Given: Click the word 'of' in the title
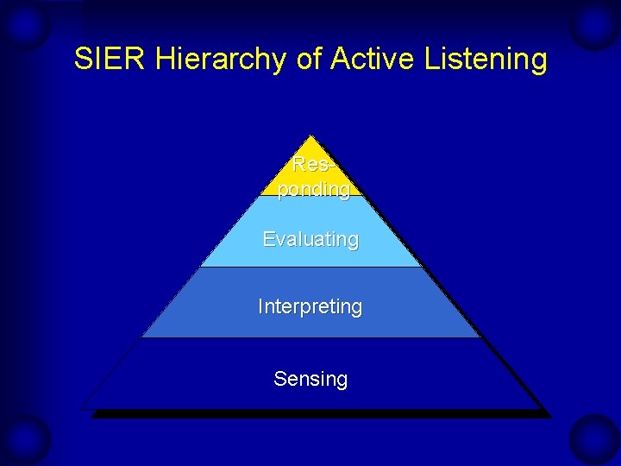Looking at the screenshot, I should click(303, 60).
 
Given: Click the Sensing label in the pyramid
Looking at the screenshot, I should click(310, 379).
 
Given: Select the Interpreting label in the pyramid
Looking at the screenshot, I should click(310, 306).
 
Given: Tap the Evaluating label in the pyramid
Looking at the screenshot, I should click(310, 239).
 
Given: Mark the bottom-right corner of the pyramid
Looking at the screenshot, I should click(540, 407).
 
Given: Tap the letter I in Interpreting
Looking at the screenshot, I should click(260, 306).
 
